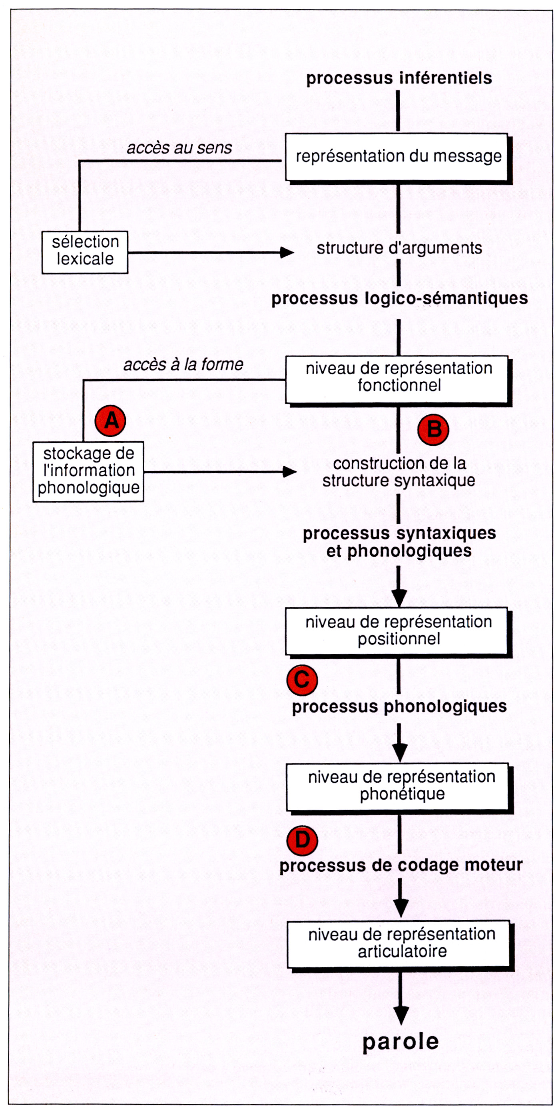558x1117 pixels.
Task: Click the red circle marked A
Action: [111, 420]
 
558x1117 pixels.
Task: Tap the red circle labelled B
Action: [433, 430]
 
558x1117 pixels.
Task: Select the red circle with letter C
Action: [302, 680]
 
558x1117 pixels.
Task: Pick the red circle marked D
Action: [302, 841]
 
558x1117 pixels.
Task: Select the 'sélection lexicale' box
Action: [85, 252]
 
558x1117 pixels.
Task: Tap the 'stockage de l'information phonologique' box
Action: [88, 471]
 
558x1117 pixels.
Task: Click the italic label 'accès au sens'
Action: [179, 148]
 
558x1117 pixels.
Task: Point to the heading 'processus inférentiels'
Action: [399, 78]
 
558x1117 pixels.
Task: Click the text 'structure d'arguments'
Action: [399, 248]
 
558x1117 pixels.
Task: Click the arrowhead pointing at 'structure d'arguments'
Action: [287, 252]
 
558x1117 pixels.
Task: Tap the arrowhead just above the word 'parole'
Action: [401, 1015]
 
